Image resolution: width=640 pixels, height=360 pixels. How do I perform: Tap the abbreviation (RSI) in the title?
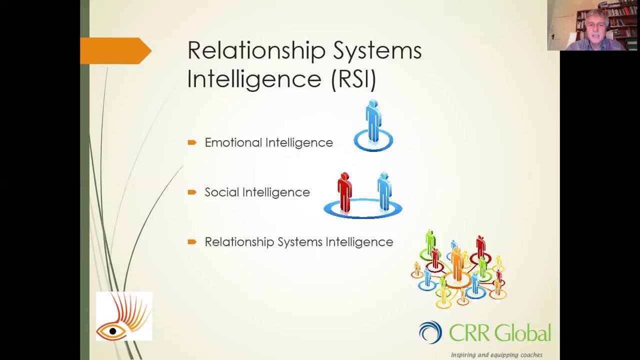(353, 79)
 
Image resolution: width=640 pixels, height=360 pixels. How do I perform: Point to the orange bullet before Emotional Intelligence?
(192, 142)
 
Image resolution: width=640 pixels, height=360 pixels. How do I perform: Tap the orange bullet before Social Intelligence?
(192, 192)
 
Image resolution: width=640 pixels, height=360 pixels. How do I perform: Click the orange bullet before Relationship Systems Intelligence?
(192, 242)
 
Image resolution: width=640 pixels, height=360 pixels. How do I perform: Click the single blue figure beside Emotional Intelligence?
(373, 121)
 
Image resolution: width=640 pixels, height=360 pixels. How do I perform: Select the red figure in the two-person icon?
(344, 192)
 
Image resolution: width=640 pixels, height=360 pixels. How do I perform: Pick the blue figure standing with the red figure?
(384, 191)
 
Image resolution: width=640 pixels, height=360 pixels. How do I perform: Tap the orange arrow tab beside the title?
(115, 50)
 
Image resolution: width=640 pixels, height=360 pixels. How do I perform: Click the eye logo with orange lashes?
(124, 316)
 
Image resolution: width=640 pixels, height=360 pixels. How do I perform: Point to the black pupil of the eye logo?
(113, 331)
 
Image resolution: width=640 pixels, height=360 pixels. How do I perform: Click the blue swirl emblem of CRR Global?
(430, 332)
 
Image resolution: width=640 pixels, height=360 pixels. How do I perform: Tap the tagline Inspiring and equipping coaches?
(496, 355)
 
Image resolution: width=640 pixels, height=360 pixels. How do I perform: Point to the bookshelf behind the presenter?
(622, 20)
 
